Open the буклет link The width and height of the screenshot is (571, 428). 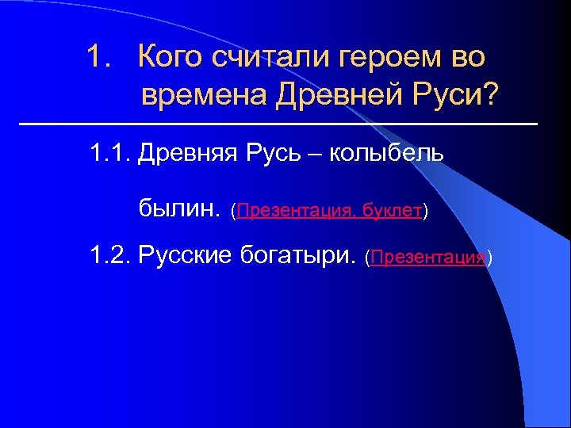391,212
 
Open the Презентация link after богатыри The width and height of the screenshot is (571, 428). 427,258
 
